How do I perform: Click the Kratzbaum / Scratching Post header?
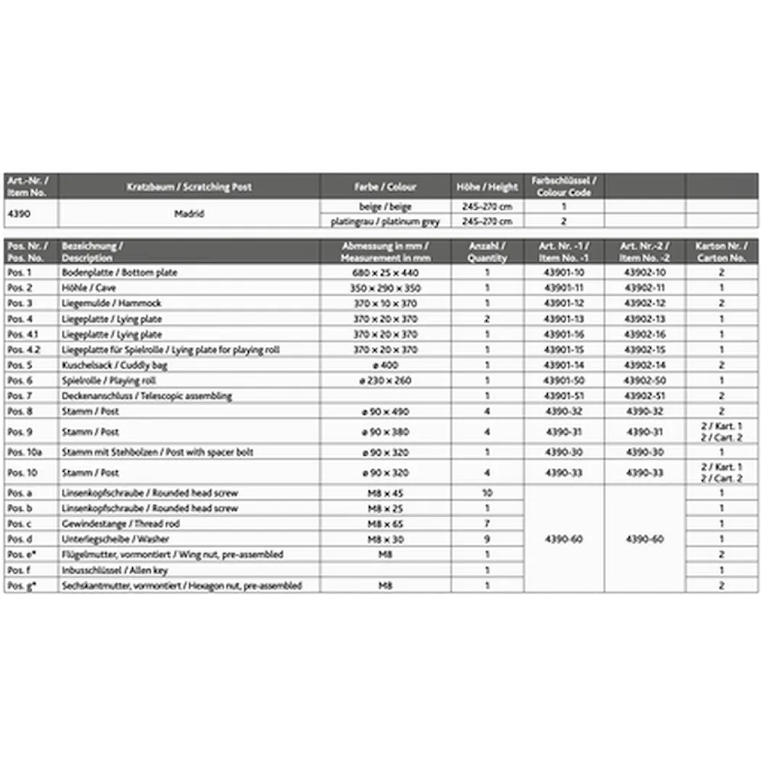coord(188,187)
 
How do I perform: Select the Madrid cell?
coord(188,214)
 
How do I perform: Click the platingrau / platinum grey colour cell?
coord(385,221)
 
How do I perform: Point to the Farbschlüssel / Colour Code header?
coord(563,187)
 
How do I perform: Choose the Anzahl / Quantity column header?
coord(487,251)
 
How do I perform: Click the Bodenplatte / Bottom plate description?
coord(120,273)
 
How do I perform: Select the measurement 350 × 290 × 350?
coord(385,288)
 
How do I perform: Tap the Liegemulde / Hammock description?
coord(112,303)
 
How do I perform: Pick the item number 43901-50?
coord(563,380)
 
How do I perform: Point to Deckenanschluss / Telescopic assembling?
coord(146,396)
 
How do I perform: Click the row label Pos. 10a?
coord(22,452)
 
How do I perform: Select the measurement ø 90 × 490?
coord(385,412)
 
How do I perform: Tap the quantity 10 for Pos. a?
coord(487,493)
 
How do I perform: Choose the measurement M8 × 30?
coord(385,539)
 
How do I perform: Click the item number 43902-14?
coord(644,365)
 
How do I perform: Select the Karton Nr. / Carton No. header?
coord(720,251)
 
